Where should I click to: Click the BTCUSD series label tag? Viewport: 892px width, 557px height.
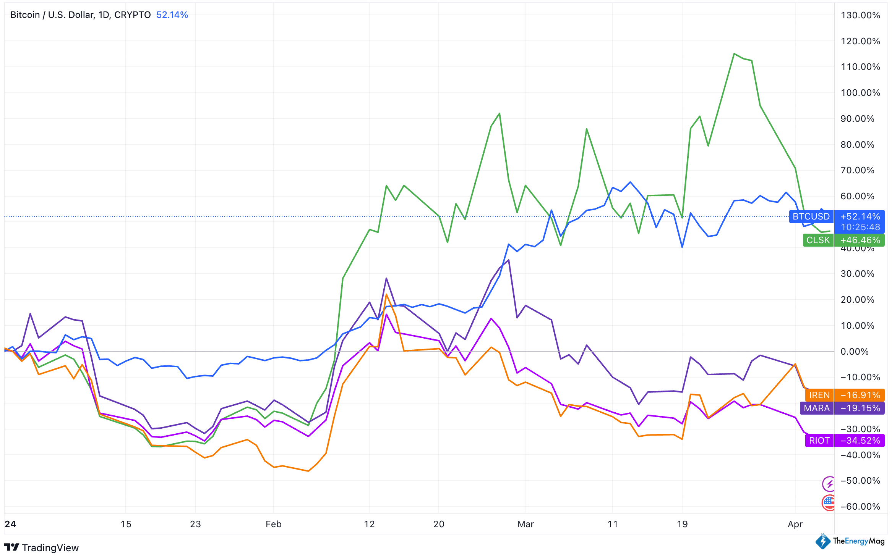[x=811, y=216]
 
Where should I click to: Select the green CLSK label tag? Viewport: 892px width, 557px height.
[x=818, y=240]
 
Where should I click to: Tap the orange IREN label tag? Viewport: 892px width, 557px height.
[x=819, y=395]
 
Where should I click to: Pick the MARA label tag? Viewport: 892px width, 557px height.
[x=817, y=408]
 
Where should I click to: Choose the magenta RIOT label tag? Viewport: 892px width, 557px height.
[x=819, y=441]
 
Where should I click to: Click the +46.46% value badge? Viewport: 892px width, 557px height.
[x=860, y=240]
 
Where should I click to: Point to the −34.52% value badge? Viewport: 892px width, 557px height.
[x=860, y=441]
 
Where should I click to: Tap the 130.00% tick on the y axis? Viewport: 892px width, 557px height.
[x=860, y=15]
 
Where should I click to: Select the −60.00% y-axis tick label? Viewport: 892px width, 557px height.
[x=860, y=507]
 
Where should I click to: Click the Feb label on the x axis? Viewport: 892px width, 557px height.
[x=274, y=524]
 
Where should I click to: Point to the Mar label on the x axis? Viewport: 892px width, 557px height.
[x=525, y=524]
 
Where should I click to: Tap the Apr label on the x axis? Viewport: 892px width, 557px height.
[x=795, y=524]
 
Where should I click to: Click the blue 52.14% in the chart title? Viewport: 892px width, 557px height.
[x=172, y=15]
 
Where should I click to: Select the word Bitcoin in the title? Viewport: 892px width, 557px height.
[x=25, y=15]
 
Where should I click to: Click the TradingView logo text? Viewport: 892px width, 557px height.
[x=50, y=548]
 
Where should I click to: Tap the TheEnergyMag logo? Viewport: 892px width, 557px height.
[x=850, y=541]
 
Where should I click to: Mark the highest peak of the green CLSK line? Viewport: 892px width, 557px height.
[x=734, y=54]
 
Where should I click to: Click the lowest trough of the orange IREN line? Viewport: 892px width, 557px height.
[x=308, y=471]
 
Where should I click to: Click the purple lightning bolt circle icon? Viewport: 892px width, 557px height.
[x=829, y=484]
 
